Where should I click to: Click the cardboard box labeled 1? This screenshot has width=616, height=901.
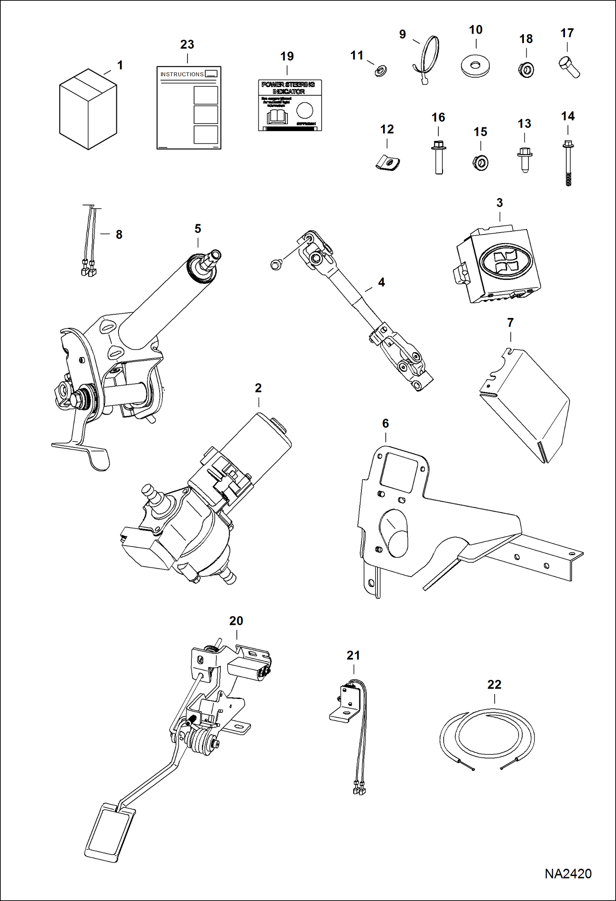[88, 109]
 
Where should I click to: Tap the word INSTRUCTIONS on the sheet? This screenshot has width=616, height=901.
[182, 74]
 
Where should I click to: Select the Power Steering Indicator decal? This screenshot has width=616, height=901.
[289, 105]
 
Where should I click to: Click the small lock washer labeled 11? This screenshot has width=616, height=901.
[380, 71]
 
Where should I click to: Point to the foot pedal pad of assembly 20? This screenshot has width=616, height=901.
[109, 832]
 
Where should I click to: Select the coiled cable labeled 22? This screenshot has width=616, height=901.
[487, 735]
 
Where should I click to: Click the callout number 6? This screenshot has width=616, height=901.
[385, 424]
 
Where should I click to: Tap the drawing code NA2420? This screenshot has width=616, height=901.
[568, 873]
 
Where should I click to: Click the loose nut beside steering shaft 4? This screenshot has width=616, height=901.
[276, 264]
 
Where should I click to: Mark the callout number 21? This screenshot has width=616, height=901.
[353, 655]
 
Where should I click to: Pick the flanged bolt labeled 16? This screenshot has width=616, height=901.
[438, 158]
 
